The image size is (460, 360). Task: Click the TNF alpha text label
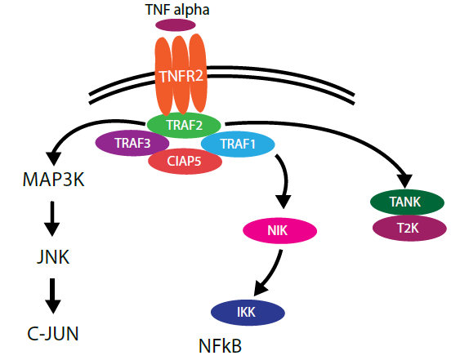point(177,10)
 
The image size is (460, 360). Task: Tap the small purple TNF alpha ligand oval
point(176,25)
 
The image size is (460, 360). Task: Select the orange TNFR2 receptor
point(181,75)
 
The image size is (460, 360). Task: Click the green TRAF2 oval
point(184,125)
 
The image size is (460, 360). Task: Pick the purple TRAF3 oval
point(132,143)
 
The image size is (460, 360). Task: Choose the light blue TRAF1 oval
point(238,144)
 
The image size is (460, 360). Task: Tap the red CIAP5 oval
point(185,161)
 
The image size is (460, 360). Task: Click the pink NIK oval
point(280,230)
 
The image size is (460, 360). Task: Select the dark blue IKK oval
point(248,313)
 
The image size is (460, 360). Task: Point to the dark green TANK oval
point(407,202)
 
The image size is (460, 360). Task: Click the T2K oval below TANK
point(409,228)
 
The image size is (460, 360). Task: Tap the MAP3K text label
point(53,179)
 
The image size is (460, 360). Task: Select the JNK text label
point(53,257)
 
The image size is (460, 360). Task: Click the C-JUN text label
point(53,334)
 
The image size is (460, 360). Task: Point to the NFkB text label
point(220,346)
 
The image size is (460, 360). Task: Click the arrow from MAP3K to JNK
point(52,219)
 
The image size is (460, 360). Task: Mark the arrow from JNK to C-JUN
point(53,296)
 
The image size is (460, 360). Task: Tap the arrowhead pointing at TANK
point(404,180)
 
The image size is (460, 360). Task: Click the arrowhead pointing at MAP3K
point(54,158)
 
